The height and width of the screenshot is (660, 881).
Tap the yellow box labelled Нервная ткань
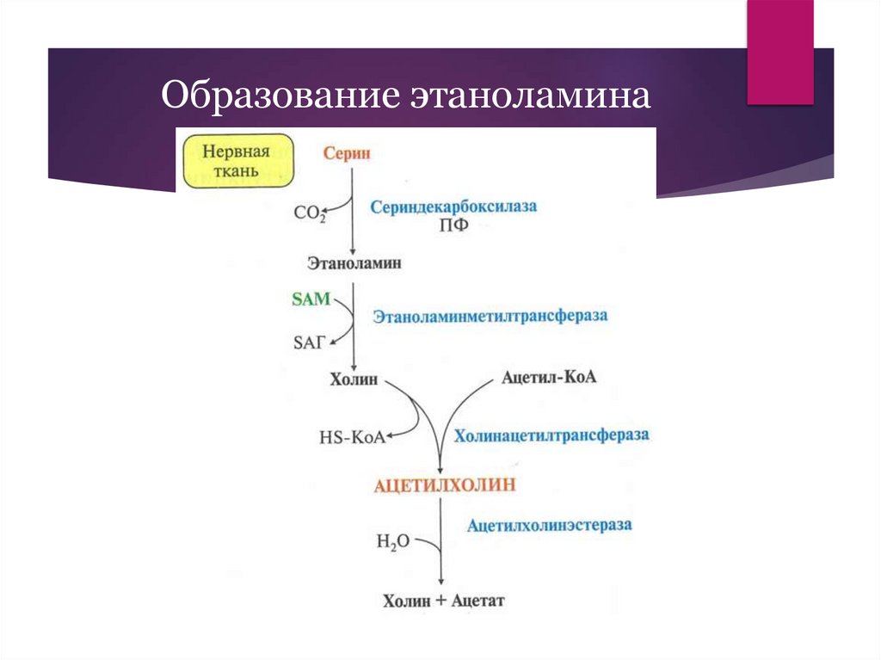[236, 160]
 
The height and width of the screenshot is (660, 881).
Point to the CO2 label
[310, 212]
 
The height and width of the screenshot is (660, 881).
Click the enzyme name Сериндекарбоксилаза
[453, 207]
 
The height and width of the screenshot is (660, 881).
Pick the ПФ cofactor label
[453, 227]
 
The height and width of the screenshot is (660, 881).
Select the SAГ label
[311, 342]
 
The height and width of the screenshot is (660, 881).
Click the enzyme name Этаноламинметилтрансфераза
[490, 316]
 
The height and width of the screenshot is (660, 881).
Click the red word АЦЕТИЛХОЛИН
[444, 485]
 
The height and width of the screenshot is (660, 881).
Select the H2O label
[392, 541]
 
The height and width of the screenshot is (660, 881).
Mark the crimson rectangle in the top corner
[779, 52]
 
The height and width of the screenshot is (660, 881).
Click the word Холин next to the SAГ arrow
[354, 379]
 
